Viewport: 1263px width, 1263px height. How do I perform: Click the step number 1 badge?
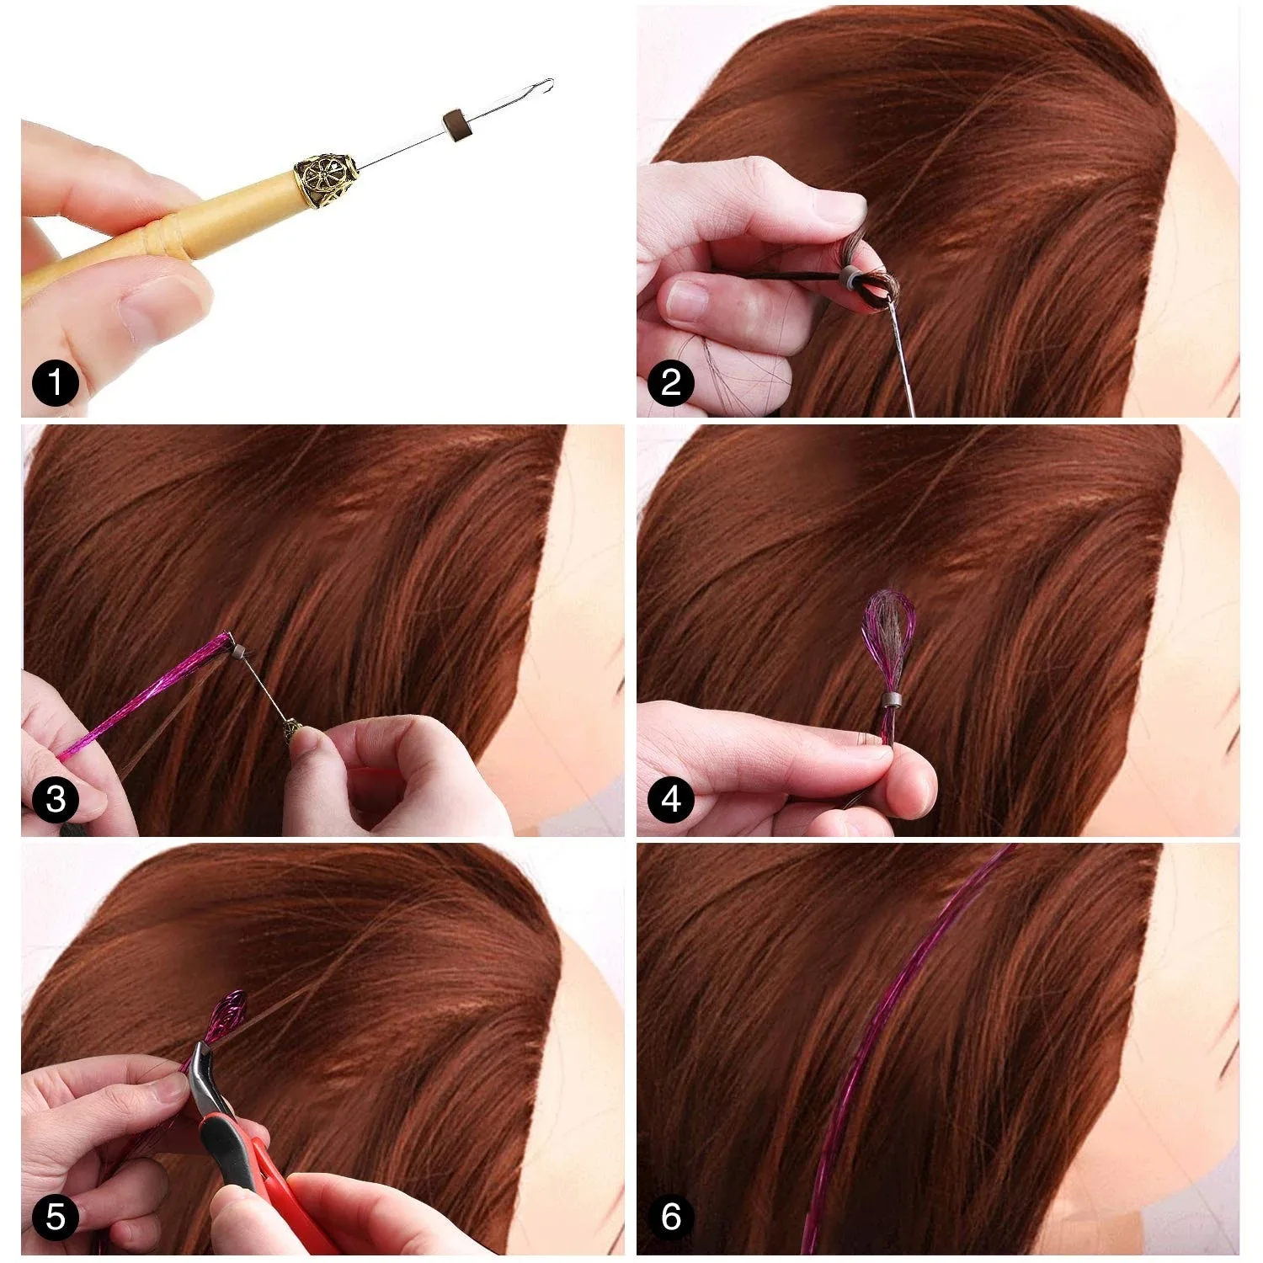tap(55, 384)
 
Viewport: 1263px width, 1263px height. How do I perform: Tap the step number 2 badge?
tap(671, 383)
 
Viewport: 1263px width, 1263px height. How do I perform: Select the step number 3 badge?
tap(55, 799)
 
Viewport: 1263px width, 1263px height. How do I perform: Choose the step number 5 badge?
tap(55, 1216)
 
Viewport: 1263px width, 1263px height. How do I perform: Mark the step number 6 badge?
tap(671, 1216)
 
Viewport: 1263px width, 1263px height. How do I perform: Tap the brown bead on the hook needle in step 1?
tap(455, 121)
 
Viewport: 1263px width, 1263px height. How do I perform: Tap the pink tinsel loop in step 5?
tap(228, 1014)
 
